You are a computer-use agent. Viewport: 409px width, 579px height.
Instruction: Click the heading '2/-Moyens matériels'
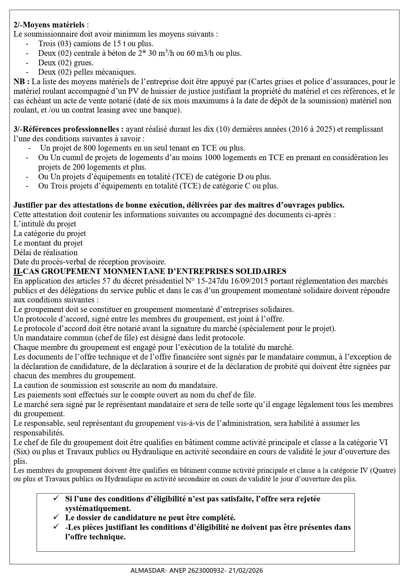[x=49, y=24]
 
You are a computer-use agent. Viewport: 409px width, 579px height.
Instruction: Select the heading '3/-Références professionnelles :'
[x=69, y=129]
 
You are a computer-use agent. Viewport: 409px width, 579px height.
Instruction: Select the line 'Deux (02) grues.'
[x=66, y=62]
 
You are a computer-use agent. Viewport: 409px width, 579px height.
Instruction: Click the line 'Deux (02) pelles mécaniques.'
[x=87, y=72]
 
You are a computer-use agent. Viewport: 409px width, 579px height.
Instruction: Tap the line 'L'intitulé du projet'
[x=45, y=224]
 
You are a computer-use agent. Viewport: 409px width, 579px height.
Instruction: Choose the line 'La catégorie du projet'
[x=50, y=233]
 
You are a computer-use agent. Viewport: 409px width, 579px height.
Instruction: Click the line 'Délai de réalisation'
[x=45, y=253]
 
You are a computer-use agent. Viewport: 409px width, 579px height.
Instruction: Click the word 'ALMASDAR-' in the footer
[x=145, y=570]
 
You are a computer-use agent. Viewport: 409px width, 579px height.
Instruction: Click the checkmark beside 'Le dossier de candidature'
[x=56, y=517]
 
